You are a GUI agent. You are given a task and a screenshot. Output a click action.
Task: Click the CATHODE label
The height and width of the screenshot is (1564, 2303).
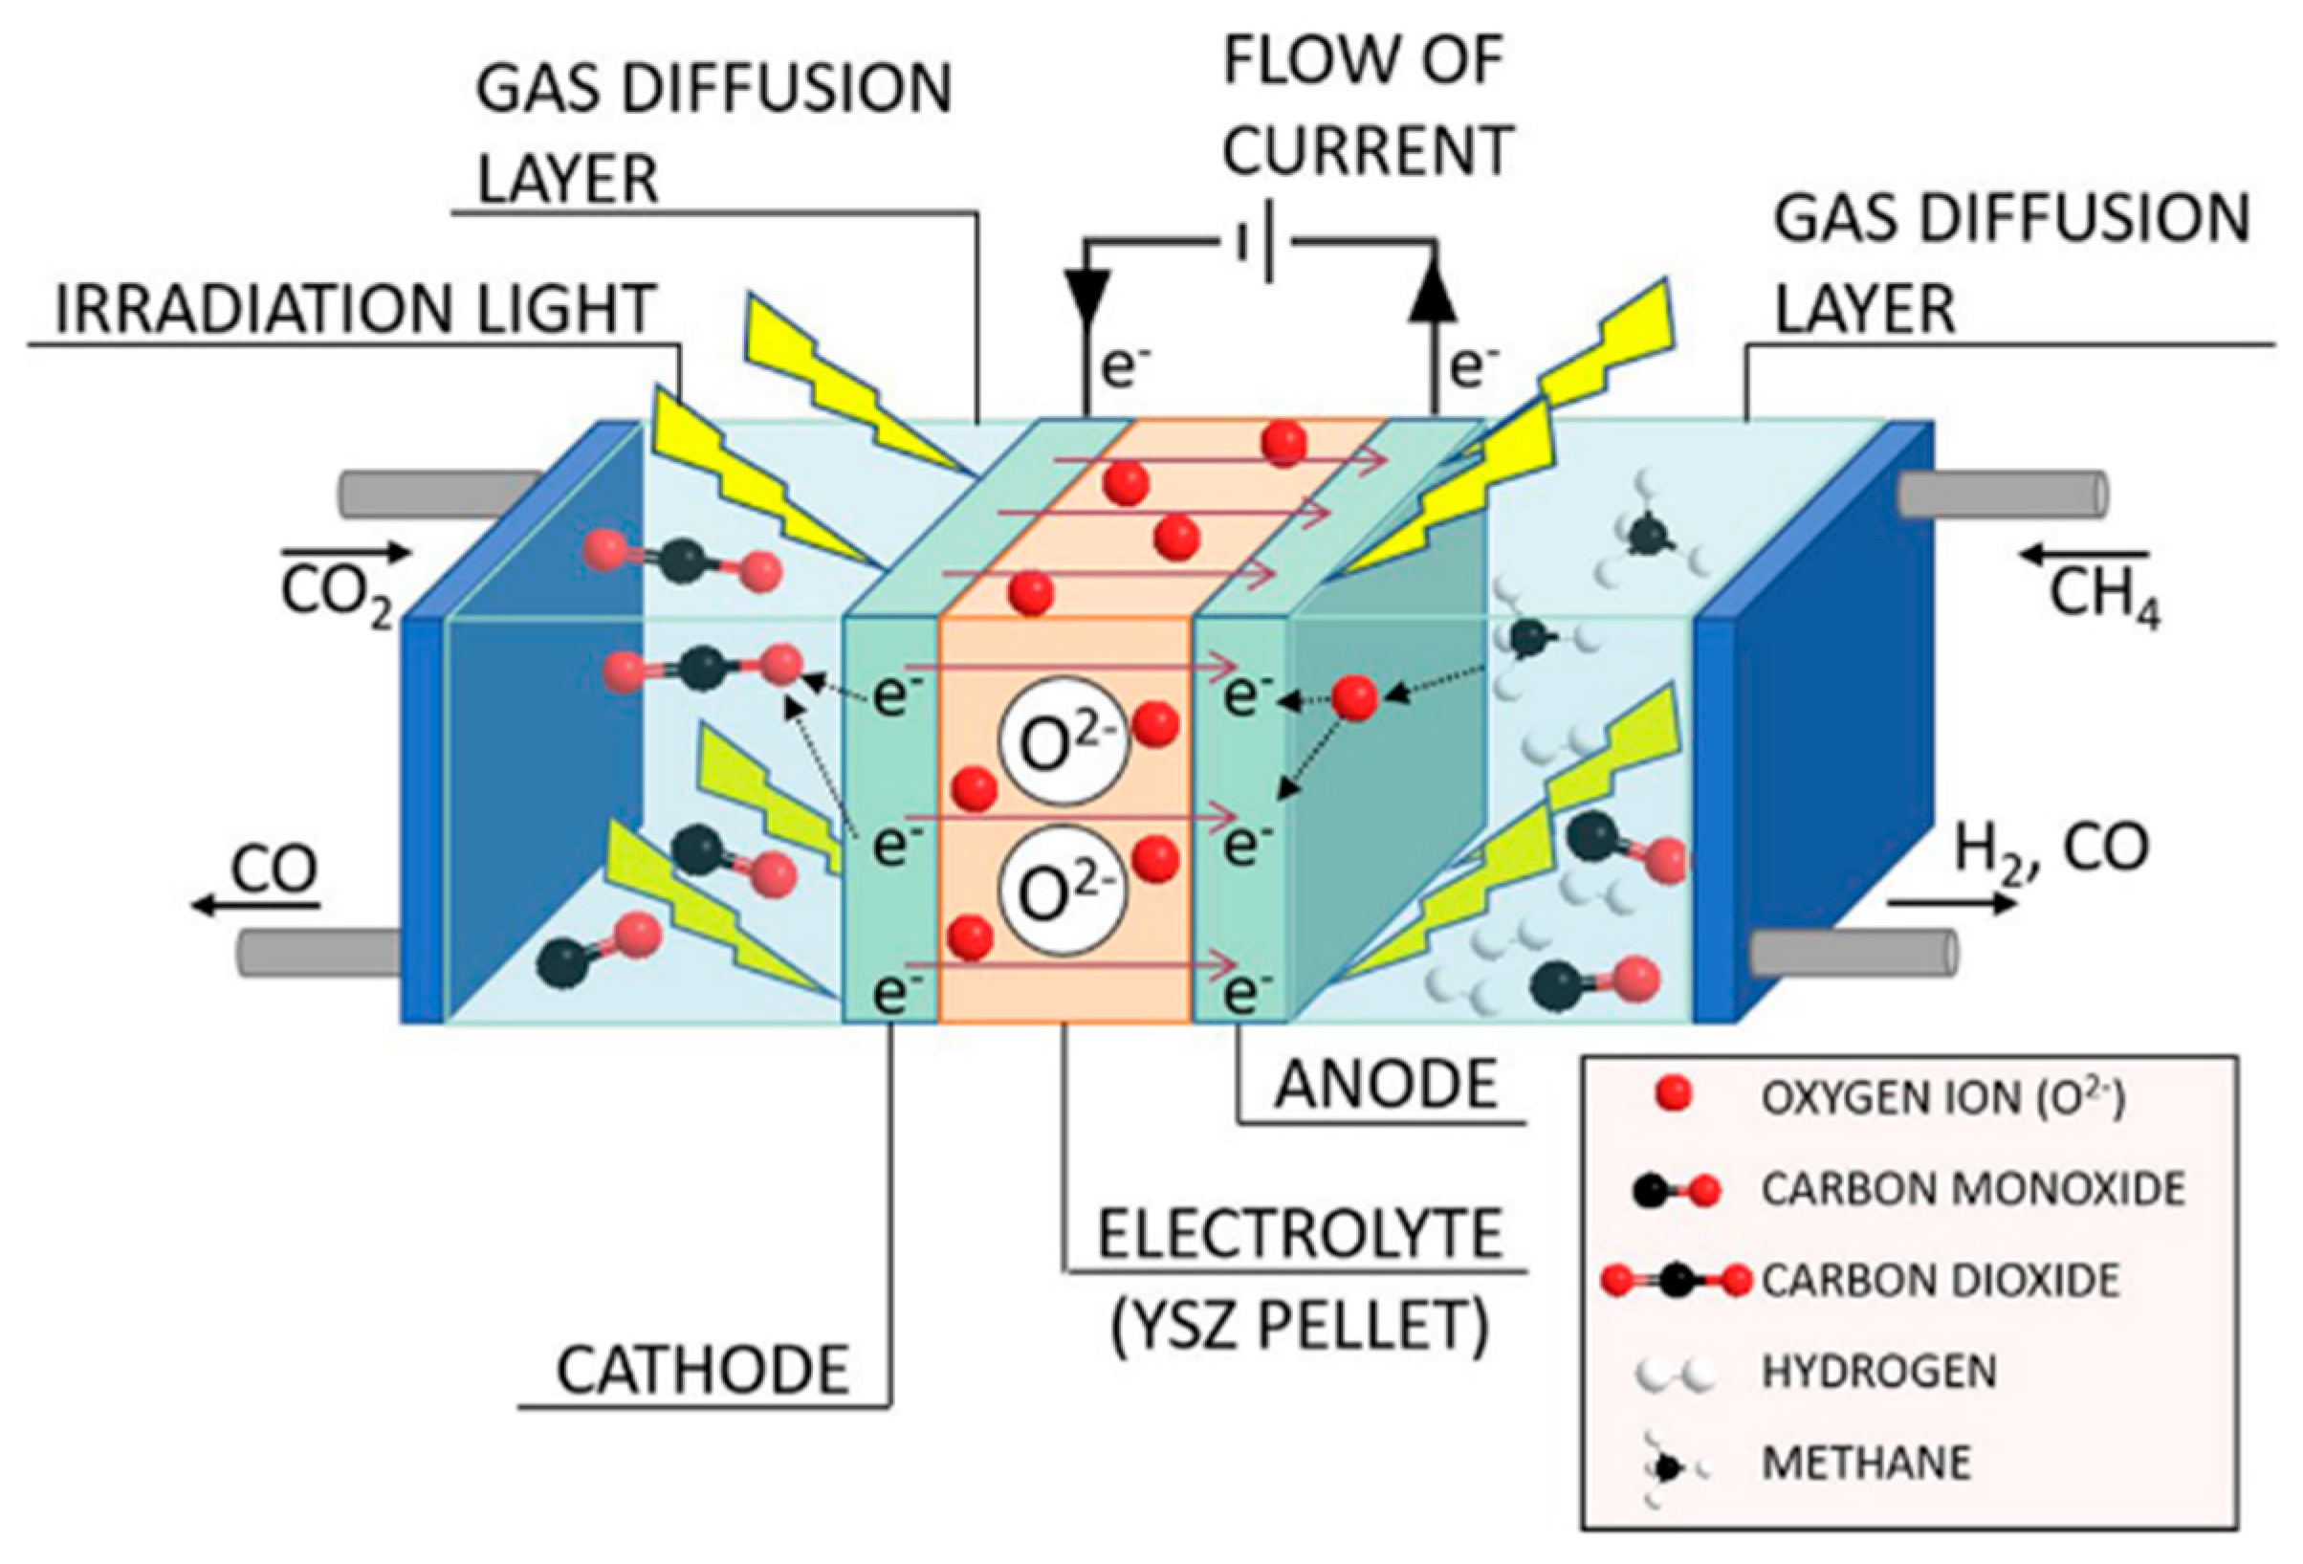702,1371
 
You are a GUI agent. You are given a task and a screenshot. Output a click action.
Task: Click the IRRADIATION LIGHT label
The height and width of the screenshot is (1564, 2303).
356,309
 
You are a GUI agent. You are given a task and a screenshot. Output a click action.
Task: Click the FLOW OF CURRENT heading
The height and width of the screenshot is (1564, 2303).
1366,104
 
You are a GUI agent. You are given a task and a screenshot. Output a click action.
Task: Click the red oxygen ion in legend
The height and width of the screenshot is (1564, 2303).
1673,1096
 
